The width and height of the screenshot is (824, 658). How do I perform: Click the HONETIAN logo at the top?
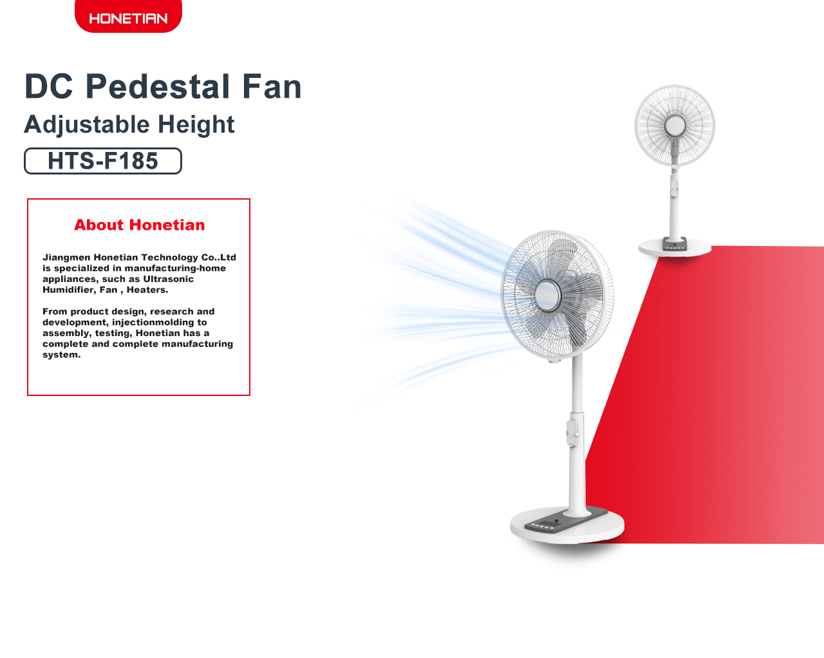[128, 18]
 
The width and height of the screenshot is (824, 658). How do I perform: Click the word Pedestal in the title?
[157, 86]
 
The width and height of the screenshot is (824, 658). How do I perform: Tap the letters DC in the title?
[48, 86]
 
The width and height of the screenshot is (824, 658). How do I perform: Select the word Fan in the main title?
[272, 86]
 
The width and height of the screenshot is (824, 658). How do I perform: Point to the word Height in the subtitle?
[196, 125]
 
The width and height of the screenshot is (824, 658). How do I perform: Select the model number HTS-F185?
[102, 160]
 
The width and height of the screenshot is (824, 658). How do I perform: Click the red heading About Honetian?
[140, 225]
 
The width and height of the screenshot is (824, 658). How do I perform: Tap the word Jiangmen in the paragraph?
[66, 258]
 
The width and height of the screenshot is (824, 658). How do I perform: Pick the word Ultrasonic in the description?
[168, 279]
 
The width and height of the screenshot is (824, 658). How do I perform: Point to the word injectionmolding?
[159, 323]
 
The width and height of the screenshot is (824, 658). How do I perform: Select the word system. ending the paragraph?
[62, 355]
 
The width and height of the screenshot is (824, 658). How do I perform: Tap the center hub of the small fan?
[675, 126]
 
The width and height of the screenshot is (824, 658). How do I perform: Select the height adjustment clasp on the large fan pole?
[572, 433]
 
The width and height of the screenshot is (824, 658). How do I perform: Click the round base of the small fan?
[675, 247]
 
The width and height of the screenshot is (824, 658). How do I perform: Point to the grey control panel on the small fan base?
[675, 244]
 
